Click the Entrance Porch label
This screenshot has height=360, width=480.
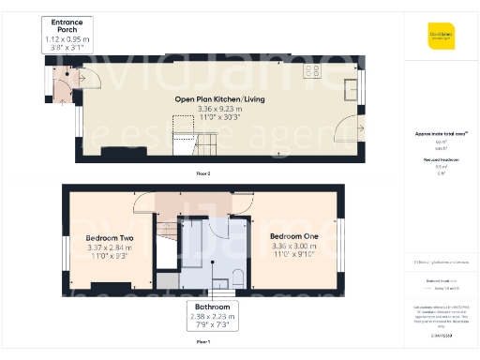click(x=67, y=25)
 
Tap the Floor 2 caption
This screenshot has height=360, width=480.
click(x=202, y=173)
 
